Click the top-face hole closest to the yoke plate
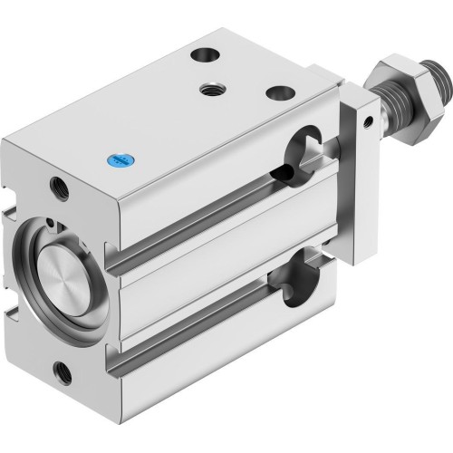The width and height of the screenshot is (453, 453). [277, 93]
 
